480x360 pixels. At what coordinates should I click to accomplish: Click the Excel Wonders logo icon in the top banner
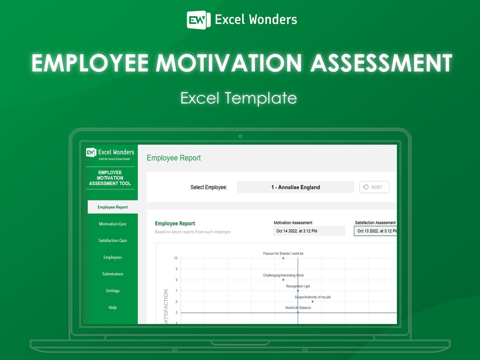(199, 20)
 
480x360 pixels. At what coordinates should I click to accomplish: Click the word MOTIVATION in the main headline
(228, 63)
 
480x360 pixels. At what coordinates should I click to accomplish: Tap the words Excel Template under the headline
(239, 98)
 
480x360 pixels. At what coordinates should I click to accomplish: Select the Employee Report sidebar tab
(112, 207)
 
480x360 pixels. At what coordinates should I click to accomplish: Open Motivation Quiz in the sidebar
(112, 224)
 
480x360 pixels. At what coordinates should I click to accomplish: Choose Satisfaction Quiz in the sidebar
(112, 240)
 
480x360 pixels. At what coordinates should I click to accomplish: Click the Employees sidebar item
(112, 257)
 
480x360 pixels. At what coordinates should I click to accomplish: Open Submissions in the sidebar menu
(112, 274)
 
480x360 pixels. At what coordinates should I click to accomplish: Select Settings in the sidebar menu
(112, 291)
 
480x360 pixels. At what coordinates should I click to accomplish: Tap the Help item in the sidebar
(112, 308)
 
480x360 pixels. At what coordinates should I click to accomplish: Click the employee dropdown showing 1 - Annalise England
(295, 187)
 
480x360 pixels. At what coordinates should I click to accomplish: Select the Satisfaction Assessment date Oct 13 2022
(376, 231)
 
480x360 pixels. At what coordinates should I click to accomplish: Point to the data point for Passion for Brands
(283, 258)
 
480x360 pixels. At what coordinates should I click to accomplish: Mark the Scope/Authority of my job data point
(312, 302)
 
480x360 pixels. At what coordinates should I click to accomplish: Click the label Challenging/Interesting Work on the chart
(283, 276)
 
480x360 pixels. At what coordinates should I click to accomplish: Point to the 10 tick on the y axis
(176, 258)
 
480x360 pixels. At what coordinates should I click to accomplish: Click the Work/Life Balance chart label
(298, 308)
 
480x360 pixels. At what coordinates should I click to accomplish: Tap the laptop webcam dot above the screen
(240, 136)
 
